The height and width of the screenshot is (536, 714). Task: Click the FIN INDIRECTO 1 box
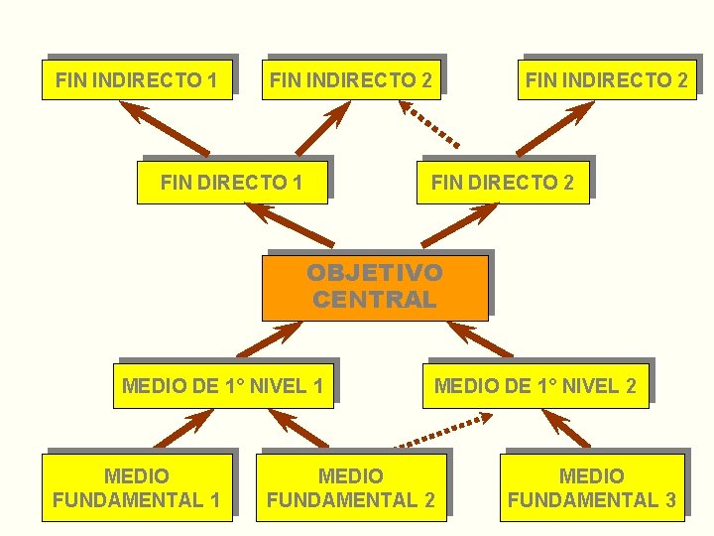[137, 79]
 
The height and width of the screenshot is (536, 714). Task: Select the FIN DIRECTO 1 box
[232, 183]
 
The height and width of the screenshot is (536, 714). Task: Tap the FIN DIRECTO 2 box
[502, 183]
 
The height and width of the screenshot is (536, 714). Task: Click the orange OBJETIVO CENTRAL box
[375, 287]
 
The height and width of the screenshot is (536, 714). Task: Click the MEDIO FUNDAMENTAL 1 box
[137, 488]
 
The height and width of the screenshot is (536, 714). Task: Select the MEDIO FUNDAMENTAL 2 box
[350, 488]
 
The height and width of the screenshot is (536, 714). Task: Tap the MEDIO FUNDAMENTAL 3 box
[592, 488]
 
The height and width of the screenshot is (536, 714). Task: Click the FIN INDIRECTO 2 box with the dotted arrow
[351, 79]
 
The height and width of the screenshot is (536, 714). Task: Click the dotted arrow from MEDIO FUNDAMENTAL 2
[438, 432]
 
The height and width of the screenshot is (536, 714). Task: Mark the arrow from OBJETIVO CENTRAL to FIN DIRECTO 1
[290, 224]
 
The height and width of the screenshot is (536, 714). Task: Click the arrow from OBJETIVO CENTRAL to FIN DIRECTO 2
[461, 226]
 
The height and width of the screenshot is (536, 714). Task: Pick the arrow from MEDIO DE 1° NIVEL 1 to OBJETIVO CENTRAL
[271, 337]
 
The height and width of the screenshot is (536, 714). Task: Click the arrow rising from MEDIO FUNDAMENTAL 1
[182, 429]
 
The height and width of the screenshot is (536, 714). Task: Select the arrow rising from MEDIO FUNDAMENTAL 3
[566, 428]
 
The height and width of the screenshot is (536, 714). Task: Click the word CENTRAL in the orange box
[375, 300]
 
